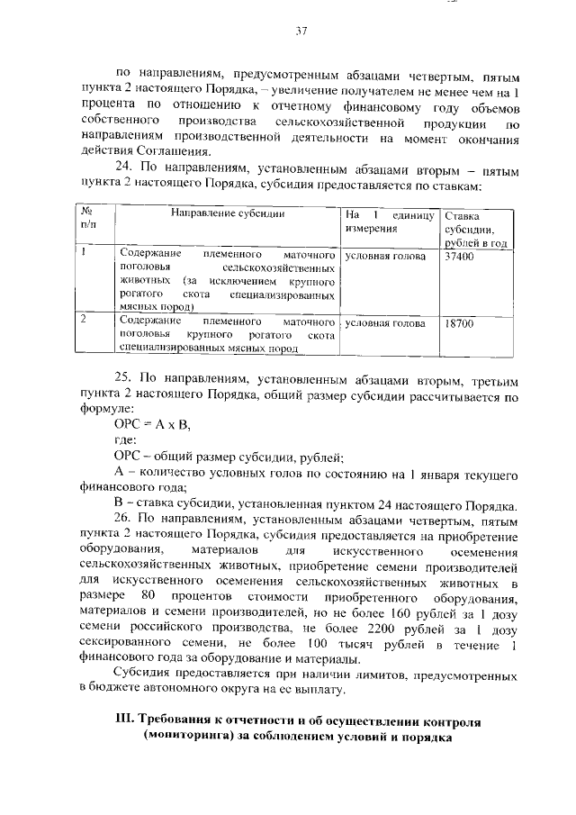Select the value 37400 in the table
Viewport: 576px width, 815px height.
click(x=460, y=256)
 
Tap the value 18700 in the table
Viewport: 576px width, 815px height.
click(x=460, y=321)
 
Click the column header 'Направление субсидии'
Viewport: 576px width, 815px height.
click(x=229, y=214)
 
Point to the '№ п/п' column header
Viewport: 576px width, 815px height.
click(x=88, y=221)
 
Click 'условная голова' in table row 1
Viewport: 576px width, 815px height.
click(x=384, y=256)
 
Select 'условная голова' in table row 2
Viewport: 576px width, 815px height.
click(x=384, y=321)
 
